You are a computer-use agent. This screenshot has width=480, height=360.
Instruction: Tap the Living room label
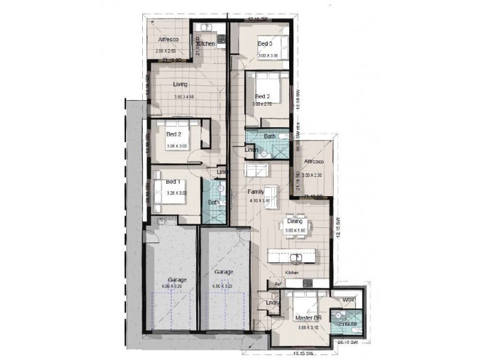click(x=181, y=84)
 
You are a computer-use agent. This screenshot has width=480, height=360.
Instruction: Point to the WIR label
click(x=349, y=299)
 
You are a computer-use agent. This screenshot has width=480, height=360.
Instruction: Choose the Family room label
click(x=256, y=191)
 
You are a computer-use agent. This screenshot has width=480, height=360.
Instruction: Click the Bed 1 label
click(x=174, y=182)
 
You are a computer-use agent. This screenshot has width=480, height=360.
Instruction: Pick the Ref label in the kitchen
click(x=277, y=284)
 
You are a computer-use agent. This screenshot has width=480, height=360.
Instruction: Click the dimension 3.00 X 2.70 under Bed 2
click(x=262, y=104)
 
